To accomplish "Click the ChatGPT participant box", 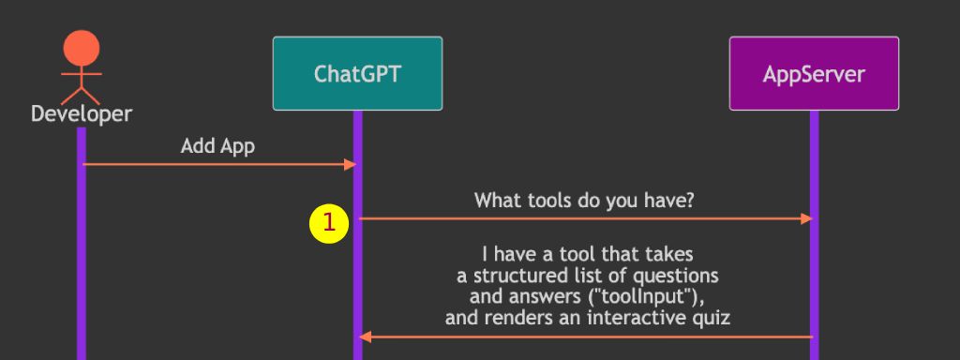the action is point(357,73).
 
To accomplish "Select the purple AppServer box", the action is point(814,73).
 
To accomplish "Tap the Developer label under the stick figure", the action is point(82,113).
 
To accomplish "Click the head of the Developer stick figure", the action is point(82,48).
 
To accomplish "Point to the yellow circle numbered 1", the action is point(329,223).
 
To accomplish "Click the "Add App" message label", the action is point(217,146).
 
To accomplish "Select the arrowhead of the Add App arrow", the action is point(351,164).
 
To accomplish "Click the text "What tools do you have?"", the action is point(585,200).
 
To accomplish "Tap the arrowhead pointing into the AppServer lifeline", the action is point(806,218).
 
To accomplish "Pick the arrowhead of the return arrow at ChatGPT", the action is point(366,337).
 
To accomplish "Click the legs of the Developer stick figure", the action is point(82,96).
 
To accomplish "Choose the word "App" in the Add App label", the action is point(236,147).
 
